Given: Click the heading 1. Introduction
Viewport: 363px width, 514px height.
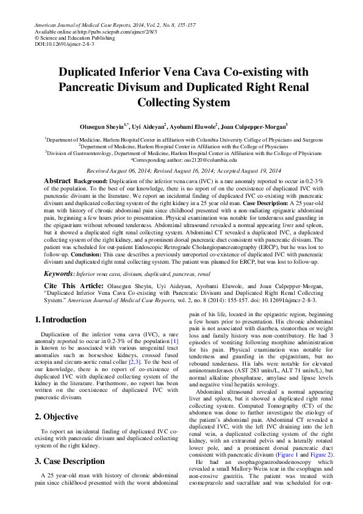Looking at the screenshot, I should pyautogui.click(x=60, y=320).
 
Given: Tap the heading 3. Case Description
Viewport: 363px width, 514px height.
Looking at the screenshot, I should pyautogui.click(x=70, y=444).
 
